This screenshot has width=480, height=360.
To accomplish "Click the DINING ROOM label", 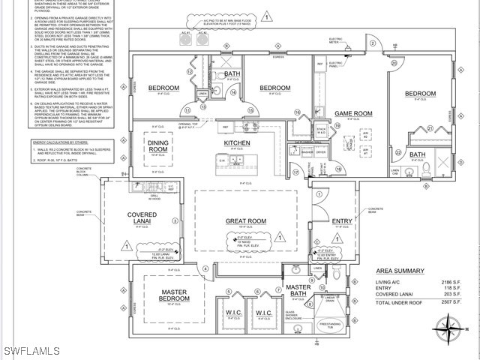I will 158,146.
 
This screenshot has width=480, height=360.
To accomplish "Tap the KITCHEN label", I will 237,142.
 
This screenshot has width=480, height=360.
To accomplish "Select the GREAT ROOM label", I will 246,221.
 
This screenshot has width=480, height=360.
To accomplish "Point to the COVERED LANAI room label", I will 142,219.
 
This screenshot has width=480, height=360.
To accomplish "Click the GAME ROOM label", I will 353,114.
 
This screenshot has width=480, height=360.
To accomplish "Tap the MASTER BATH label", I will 298,290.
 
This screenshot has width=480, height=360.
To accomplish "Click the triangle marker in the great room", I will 280,236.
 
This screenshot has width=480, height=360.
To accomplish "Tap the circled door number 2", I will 372,43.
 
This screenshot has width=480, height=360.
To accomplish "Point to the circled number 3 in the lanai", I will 175,221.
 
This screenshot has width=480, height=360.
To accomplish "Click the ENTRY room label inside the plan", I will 342,221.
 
